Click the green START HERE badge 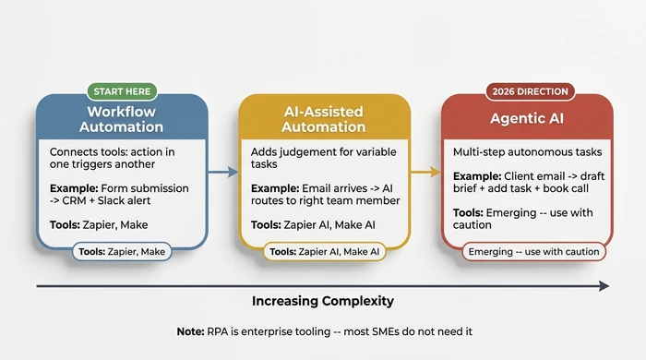click(x=122, y=92)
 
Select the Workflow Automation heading click(x=121, y=118)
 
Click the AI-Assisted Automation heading click(x=323, y=118)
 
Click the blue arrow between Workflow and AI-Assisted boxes click(x=221, y=171)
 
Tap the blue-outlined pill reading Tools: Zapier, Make click(x=121, y=251)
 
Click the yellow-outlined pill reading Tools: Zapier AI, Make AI click(x=323, y=251)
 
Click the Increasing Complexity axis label click(x=323, y=301)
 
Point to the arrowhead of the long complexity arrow click(x=604, y=286)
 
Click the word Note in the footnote click(x=192, y=330)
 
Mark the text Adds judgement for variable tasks click(x=313, y=157)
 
